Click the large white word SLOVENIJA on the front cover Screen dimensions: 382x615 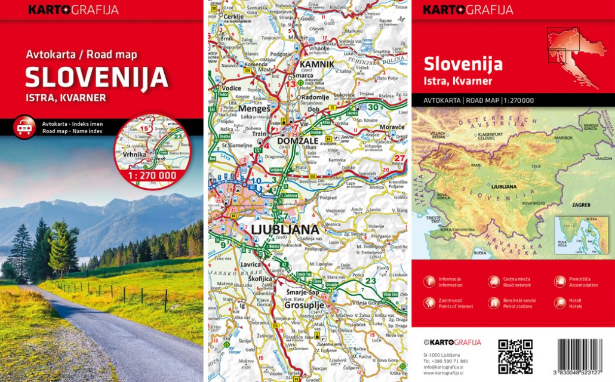point(96,78)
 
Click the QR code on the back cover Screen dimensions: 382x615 point(515,356)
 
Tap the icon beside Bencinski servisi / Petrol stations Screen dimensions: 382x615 point(494,303)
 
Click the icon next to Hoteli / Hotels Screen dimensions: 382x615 point(559,303)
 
